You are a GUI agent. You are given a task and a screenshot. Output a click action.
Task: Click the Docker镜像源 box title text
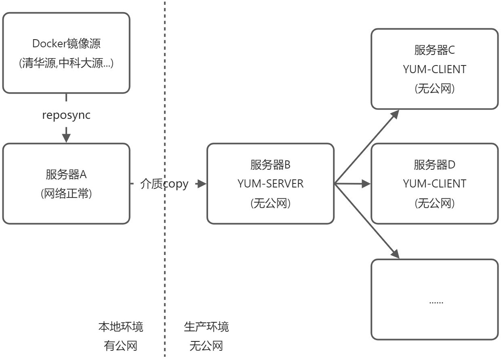(x=66, y=44)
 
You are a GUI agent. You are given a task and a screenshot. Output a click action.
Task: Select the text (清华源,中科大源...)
(x=66, y=63)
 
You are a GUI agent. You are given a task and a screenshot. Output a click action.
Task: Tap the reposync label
(x=66, y=115)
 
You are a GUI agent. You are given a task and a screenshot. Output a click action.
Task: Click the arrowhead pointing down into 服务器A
(x=66, y=137)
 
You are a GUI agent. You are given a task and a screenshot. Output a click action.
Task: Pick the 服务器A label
(x=66, y=175)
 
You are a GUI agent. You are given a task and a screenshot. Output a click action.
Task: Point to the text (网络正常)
(x=66, y=194)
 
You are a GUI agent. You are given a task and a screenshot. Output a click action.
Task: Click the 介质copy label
(x=164, y=184)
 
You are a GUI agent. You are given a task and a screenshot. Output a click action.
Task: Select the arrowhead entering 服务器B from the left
(x=202, y=184)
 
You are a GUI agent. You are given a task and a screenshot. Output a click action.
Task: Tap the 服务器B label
(x=270, y=165)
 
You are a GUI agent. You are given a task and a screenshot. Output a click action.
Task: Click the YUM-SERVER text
(x=270, y=184)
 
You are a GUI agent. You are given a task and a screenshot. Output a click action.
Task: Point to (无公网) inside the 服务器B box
(x=270, y=203)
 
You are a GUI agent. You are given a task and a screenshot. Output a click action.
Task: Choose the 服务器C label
(x=434, y=50)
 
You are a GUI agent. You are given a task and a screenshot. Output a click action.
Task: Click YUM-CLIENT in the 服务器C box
(x=434, y=69)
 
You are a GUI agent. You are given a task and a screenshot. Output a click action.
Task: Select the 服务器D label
(x=434, y=165)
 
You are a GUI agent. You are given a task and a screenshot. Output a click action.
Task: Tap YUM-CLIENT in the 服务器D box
(x=434, y=184)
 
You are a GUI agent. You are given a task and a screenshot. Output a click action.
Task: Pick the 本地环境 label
(x=120, y=326)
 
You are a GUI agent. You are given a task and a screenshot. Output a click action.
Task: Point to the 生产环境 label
(x=206, y=326)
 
